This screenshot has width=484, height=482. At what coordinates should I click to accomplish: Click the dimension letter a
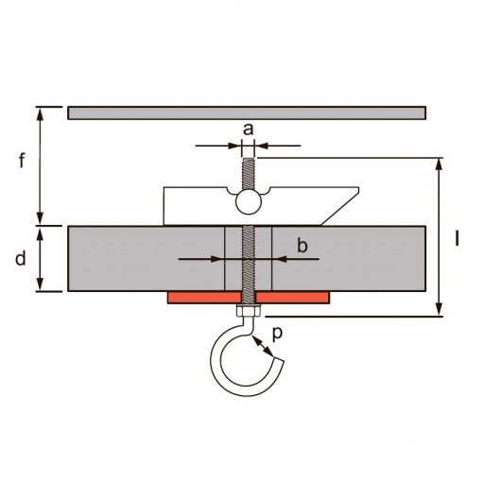pos(248,129)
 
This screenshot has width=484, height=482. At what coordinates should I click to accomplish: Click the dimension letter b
pos(302,245)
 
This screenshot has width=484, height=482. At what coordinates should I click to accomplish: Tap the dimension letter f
pos(22,161)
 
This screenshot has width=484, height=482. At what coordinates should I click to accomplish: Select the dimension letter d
pos(21,259)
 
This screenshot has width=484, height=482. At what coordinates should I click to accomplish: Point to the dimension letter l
pos(457,238)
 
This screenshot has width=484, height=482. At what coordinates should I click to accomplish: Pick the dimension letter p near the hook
pos(277,334)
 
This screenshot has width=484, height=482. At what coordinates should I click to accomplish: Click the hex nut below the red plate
pos(249,311)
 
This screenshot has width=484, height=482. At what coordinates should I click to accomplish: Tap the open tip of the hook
pos(279,359)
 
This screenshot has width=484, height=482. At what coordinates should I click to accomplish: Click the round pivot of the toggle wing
pos(249,202)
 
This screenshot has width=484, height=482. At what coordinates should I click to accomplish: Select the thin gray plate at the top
pos(247,113)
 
